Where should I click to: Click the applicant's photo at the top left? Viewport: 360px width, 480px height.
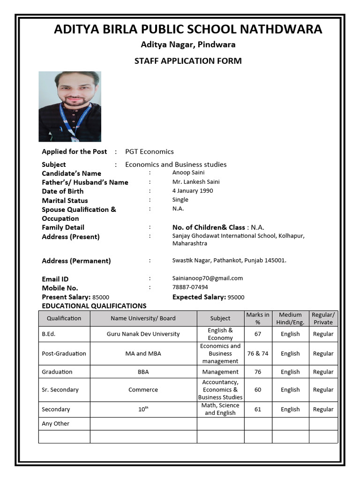click(x=69, y=106)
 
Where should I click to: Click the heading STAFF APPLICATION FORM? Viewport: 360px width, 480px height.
click(x=188, y=61)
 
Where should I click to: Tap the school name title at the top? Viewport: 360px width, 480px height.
click(x=188, y=30)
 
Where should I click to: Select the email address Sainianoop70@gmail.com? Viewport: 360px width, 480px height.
click(x=207, y=278)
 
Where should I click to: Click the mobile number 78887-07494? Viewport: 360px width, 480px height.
click(x=190, y=287)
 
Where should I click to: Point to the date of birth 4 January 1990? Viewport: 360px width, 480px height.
click(x=193, y=191)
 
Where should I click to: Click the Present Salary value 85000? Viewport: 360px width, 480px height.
click(x=101, y=297)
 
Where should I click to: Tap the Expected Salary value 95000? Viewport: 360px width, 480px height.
click(x=236, y=297)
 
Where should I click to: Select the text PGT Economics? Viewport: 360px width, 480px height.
click(x=149, y=151)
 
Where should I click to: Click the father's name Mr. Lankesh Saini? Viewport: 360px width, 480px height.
click(x=195, y=182)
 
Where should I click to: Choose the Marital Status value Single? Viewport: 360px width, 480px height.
click(x=180, y=200)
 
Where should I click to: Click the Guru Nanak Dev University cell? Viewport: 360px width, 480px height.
click(x=143, y=334)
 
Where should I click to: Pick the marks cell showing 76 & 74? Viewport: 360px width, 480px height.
click(x=257, y=353)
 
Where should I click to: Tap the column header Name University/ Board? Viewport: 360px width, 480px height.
click(x=143, y=318)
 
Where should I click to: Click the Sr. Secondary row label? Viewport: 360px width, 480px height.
click(x=60, y=390)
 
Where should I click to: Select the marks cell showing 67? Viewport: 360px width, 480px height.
click(x=257, y=334)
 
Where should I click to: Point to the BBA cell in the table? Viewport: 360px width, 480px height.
click(x=143, y=372)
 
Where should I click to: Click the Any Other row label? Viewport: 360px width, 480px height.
click(x=55, y=424)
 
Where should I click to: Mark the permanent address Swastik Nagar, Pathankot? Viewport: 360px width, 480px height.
click(x=229, y=260)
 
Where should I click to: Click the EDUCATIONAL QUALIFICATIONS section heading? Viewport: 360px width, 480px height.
click(x=94, y=306)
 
